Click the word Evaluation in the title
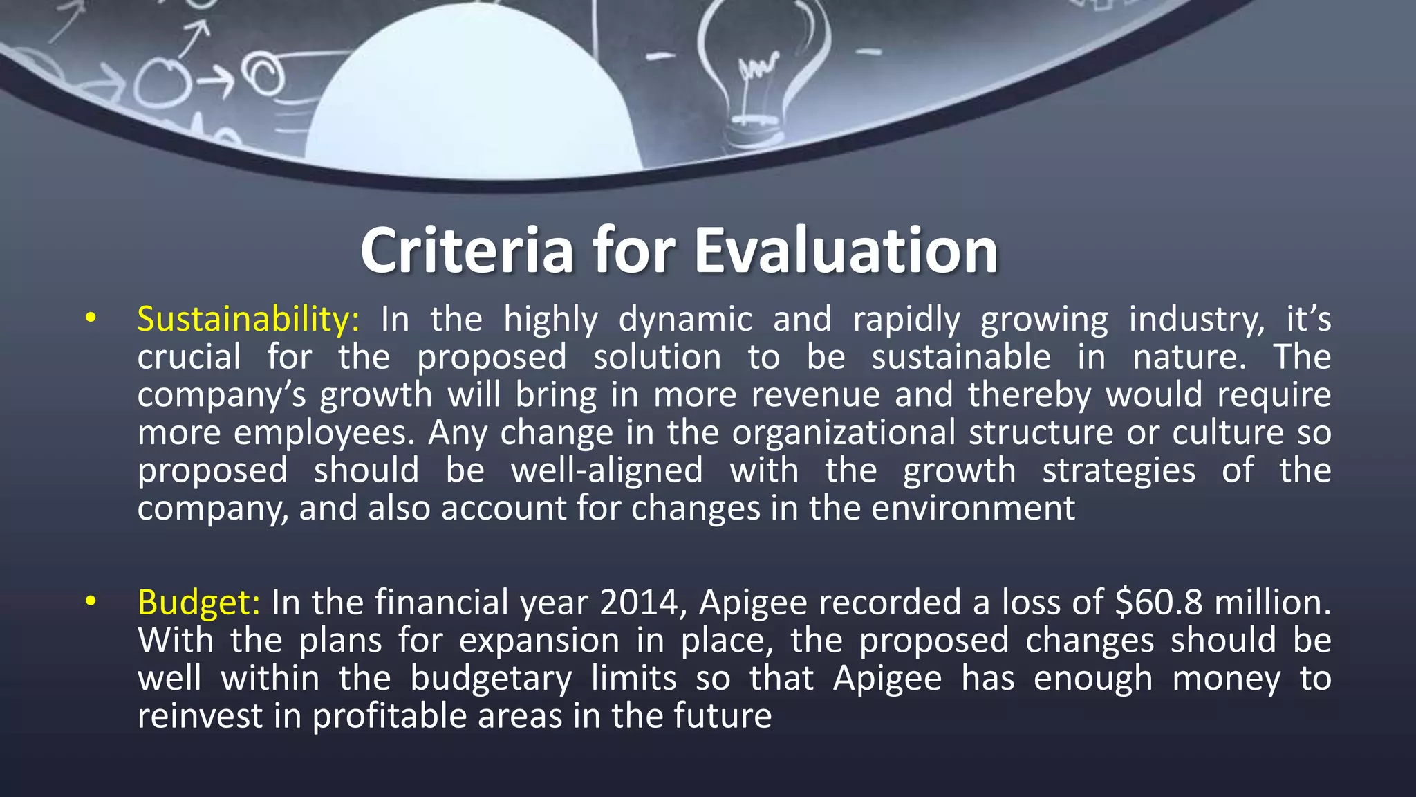(846, 250)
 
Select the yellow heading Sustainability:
(248, 320)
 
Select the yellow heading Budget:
(199, 603)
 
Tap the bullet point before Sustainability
(90, 319)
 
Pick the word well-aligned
(606, 470)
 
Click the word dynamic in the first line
(685, 320)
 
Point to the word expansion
(539, 640)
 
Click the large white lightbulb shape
(470, 97)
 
